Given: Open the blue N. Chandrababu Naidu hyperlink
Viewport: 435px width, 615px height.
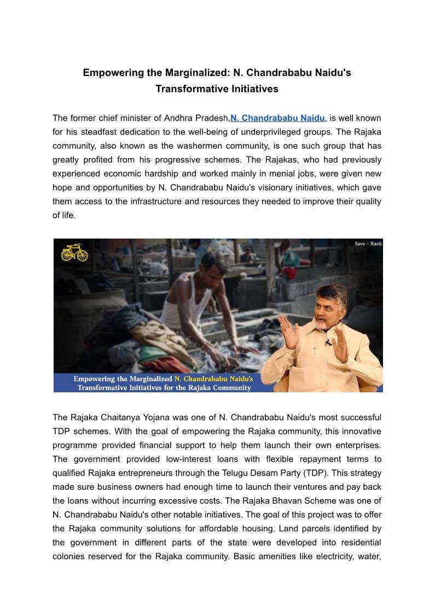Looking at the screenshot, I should tap(278, 118).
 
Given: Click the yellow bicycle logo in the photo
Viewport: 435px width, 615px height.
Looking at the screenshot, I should tap(74, 252).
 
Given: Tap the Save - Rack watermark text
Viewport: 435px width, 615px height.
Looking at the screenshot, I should tap(368, 243).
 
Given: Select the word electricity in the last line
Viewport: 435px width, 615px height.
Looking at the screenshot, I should tap(332, 556).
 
